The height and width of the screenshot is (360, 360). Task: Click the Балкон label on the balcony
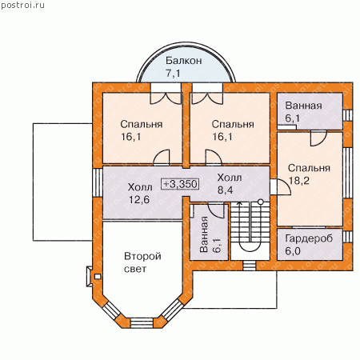click(x=184, y=61)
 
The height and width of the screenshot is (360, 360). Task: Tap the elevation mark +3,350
click(x=181, y=184)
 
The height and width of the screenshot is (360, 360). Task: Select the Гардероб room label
click(x=309, y=238)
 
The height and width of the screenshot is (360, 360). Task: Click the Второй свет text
click(x=142, y=262)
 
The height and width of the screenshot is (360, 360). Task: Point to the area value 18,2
click(x=299, y=181)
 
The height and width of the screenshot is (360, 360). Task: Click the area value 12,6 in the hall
click(x=139, y=199)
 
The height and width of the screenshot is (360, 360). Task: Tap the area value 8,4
click(x=226, y=190)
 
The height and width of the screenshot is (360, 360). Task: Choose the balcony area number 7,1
click(x=173, y=73)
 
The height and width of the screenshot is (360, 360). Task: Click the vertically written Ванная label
click(x=204, y=234)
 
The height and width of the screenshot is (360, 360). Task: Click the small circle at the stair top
click(x=261, y=202)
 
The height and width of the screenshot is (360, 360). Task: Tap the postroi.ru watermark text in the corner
click(x=23, y=6)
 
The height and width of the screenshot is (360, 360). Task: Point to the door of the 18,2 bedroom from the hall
click(x=280, y=186)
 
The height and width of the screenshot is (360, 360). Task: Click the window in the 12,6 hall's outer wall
click(x=98, y=182)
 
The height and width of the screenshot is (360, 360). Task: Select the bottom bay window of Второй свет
click(x=142, y=322)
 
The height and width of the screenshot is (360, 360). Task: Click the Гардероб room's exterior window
click(x=347, y=237)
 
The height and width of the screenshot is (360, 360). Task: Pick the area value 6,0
click(x=293, y=251)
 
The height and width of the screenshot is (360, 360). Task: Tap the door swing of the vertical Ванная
click(x=215, y=210)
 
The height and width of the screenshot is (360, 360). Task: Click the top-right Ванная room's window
click(x=347, y=115)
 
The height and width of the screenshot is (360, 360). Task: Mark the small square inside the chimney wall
click(x=98, y=277)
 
